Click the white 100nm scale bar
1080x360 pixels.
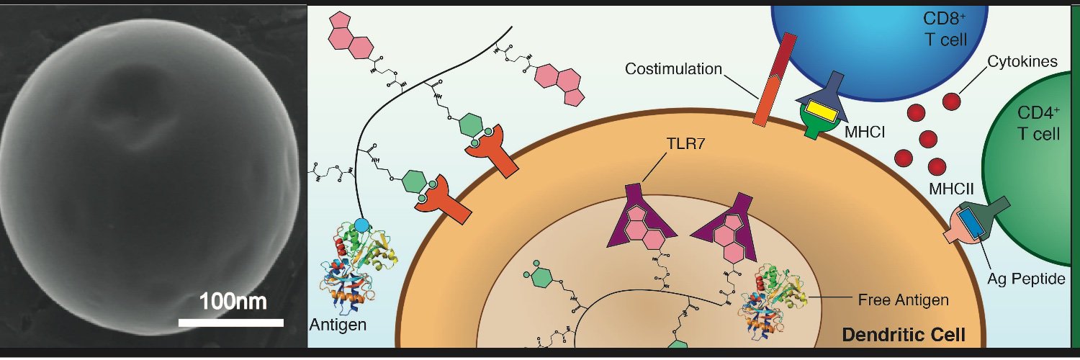(231, 323)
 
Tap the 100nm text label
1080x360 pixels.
(233, 301)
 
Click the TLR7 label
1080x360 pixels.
(685, 143)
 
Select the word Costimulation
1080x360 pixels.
(673, 69)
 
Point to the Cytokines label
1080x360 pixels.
(1022, 61)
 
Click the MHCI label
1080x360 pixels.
(865, 132)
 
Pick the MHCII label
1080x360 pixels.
(952, 189)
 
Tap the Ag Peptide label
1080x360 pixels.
(1026, 279)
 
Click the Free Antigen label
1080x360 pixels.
(903, 300)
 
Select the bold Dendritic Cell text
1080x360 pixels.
(904, 335)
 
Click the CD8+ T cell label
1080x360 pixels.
(945, 29)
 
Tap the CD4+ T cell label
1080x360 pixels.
(1038, 123)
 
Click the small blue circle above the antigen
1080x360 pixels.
(361, 224)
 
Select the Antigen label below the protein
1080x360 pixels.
(338, 325)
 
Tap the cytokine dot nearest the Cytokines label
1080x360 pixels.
(951, 102)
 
